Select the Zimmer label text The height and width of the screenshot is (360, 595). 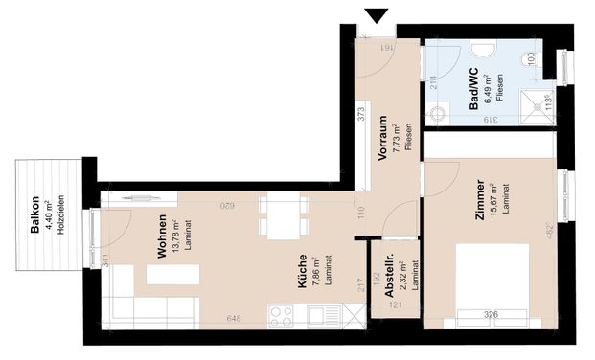tap(479, 201)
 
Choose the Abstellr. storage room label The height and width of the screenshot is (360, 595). tap(391, 283)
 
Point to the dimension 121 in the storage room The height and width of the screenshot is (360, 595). tap(395, 306)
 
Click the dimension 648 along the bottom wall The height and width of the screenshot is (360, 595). tap(233, 319)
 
